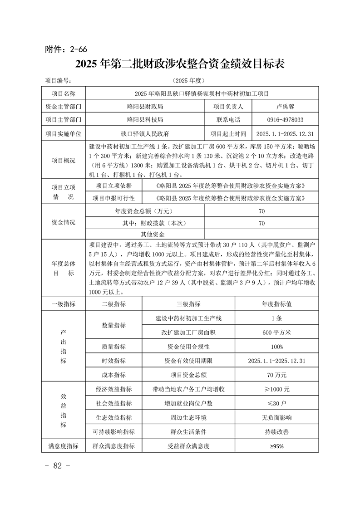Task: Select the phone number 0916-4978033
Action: point(286,120)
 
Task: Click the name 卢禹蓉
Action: point(286,107)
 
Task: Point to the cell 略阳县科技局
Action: point(145,120)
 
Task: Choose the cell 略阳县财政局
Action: point(145,107)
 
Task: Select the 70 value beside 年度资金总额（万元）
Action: point(261,211)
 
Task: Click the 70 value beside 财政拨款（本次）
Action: point(261,223)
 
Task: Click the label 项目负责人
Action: point(228,107)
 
